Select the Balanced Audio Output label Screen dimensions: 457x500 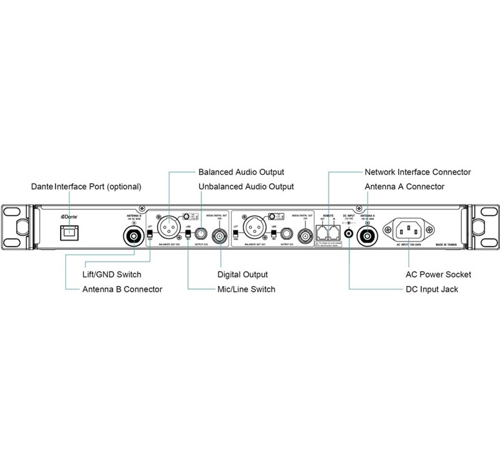coord(241,172)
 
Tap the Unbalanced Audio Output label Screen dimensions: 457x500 coord(245,187)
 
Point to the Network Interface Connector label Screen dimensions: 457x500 coord(417,172)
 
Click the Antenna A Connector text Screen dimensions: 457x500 coord(404,187)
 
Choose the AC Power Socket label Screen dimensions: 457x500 coord(433,274)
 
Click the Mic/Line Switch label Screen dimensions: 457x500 coord(246,289)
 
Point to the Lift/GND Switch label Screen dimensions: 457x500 coord(112,274)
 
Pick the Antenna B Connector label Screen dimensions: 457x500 coord(122,289)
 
